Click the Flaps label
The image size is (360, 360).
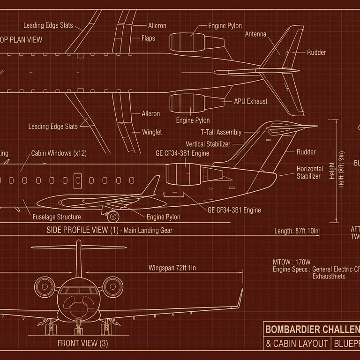(149, 38)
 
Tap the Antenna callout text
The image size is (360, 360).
(255, 34)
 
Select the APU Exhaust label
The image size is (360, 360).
(251, 101)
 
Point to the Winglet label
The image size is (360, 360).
(152, 132)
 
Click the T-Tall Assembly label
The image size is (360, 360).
(221, 133)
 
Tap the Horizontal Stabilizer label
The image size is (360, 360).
(309, 172)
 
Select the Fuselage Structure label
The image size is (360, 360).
(57, 217)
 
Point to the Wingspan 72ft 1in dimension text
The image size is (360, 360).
(172, 268)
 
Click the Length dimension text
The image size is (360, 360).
(297, 231)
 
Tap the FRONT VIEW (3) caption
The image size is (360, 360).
(82, 343)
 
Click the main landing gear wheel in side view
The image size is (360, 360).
(112, 217)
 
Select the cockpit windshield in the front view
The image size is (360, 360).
(78, 291)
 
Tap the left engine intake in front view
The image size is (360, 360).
(45, 286)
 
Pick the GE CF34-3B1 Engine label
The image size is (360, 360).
(234, 210)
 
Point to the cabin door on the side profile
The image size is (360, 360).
(77, 181)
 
